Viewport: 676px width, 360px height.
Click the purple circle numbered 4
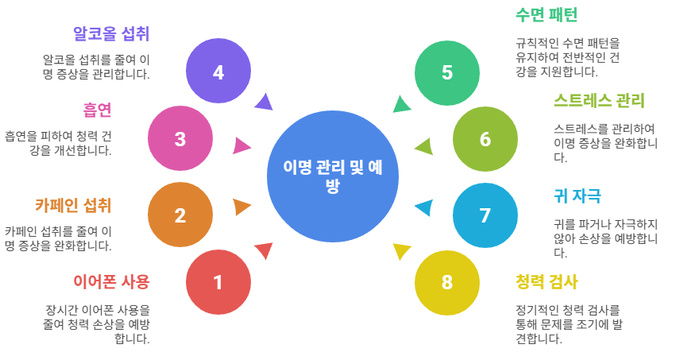pyautogui.click(x=218, y=72)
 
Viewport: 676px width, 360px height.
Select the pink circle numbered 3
pyautogui.click(x=180, y=139)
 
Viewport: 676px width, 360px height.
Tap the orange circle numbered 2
pyautogui.click(x=180, y=215)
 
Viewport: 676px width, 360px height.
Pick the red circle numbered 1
pyautogui.click(x=218, y=281)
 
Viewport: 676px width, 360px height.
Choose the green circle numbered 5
pyautogui.click(x=447, y=72)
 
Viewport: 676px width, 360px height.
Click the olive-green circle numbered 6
pyautogui.click(x=485, y=139)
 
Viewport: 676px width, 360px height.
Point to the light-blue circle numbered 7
pyautogui.click(x=485, y=215)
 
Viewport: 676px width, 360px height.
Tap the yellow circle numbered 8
pyautogui.click(x=447, y=281)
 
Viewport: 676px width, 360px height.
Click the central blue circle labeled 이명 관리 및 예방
pyautogui.click(x=333, y=176)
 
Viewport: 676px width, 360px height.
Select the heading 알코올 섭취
pyautogui.click(x=111, y=33)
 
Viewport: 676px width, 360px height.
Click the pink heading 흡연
pyautogui.click(x=97, y=109)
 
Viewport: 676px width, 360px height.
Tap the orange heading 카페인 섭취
pyautogui.click(x=73, y=204)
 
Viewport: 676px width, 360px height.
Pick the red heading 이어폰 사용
pyautogui.click(x=111, y=281)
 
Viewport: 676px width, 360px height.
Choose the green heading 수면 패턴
pyautogui.click(x=547, y=14)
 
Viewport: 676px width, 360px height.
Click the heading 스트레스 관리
pyautogui.click(x=599, y=101)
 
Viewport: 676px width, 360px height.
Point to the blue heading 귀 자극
pyautogui.click(x=577, y=195)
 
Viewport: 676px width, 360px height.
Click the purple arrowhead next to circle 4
pyautogui.click(x=264, y=102)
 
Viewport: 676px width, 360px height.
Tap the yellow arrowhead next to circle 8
pyautogui.click(x=401, y=252)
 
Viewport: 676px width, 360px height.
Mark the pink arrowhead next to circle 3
pyautogui.click(x=241, y=145)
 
